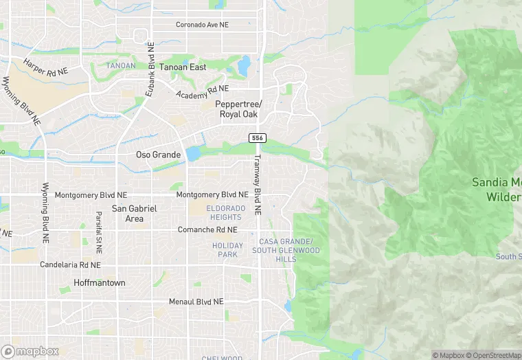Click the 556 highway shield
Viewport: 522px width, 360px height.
tap(257, 138)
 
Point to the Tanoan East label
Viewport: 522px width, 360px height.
tap(183, 67)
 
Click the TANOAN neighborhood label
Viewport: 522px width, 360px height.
tap(121, 66)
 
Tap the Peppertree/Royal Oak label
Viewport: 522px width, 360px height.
tap(239, 109)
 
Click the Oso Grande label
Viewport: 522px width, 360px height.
tap(158, 155)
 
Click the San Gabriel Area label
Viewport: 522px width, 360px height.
tap(135, 213)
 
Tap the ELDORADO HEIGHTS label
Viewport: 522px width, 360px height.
tap(226, 213)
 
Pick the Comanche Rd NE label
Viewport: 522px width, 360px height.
tap(207, 229)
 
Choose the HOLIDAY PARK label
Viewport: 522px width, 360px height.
tap(228, 250)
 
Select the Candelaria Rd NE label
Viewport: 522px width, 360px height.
tap(70, 265)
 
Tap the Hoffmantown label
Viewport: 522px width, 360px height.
tap(99, 283)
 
